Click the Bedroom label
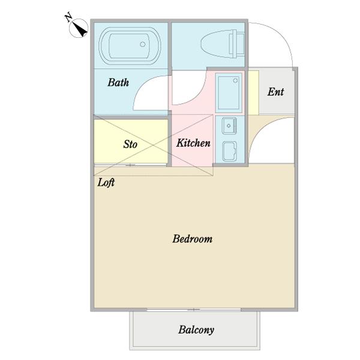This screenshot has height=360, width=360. point(193,239)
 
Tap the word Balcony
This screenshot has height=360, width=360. point(196,330)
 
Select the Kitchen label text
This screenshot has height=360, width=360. point(193,143)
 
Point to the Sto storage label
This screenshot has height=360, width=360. point(130,144)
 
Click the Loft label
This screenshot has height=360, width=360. point(106,182)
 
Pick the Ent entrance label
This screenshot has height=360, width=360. point(275,92)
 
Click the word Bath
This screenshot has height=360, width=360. point(118,82)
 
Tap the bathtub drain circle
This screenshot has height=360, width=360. point(143,44)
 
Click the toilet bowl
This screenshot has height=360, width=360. point(216,44)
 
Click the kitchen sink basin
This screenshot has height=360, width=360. point(229,125)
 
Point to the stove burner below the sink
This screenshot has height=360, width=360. point(229,151)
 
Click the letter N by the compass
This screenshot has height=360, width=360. point(68,17)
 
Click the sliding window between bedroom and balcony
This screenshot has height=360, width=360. point(194,310)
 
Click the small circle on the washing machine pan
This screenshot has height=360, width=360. point(235,80)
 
